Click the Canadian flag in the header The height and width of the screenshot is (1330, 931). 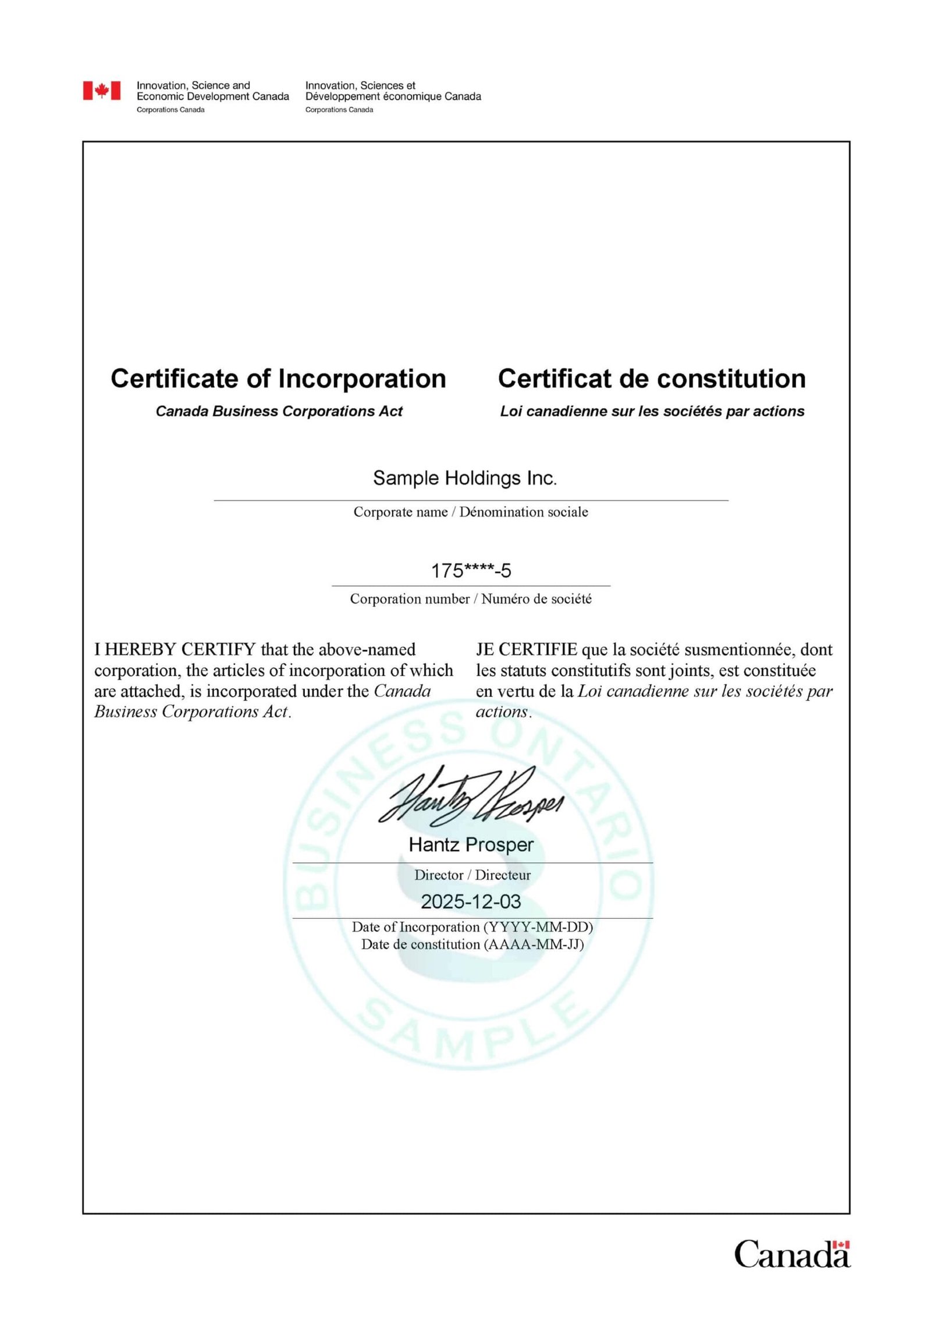[x=102, y=90]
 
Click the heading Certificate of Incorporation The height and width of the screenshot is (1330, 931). [x=278, y=379]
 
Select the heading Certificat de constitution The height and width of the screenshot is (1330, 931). [x=652, y=379]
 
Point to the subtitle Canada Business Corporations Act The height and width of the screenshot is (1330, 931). [x=279, y=411]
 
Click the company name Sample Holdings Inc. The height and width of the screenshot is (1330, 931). [x=465, y=478]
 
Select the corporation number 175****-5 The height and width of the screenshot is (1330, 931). [x=471, y=571]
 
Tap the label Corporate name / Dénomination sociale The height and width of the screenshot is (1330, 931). [x=471, y=512]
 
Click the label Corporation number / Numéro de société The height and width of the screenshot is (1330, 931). [x=471, y=599]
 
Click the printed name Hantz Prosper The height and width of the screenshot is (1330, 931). [x=471, y=844]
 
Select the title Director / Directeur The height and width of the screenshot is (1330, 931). [x=472, y=875]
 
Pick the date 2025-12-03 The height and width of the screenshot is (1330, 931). [x=471, y=901]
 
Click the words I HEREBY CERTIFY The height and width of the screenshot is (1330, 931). [x=175, y=649]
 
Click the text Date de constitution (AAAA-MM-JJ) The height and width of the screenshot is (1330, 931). [x=472, y=944]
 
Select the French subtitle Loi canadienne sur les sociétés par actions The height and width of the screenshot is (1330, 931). [x=652, y=411]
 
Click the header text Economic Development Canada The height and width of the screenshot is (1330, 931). [x=212, y=97]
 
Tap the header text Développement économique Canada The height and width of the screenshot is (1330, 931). [x=393, y=97]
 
